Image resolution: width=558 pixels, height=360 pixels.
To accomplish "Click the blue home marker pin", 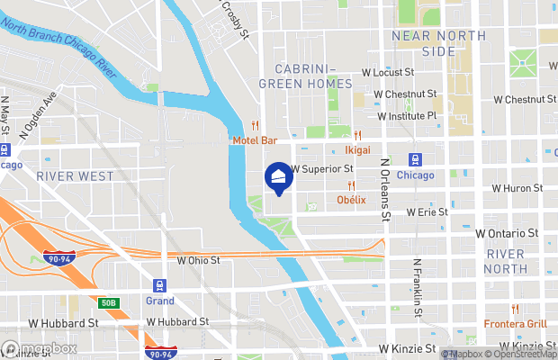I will pyautogui.click(x=280, y=178).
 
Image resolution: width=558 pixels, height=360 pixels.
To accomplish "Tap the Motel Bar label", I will pyautogui.click(x=255, y=140).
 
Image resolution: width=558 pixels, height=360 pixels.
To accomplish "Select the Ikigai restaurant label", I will pyautogui.click(x=358, y=151).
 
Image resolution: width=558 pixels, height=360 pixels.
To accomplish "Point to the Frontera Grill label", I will pyautogui.click(x=515, y=324).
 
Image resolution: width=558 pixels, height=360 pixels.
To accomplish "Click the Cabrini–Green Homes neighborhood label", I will pyautogui.click(x=305, y=76).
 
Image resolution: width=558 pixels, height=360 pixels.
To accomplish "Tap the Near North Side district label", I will pyautogui.click(x=439, y=43).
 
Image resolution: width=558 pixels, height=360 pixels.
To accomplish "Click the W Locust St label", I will pyautogui.click(x=387, y=71).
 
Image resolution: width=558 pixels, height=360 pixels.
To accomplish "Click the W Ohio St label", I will pyautogui.click(x=199, y=260).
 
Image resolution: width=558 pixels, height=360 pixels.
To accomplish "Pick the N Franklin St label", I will pyautogui.click(x=418, y=291).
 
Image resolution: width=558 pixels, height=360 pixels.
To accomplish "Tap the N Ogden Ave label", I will pyautogui.click(x=37, y=113).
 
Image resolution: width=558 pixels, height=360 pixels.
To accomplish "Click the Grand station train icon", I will pyautogui.click(x=159, y=284).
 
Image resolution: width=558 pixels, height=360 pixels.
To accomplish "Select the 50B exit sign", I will pyautogui.click(x=109, y=302).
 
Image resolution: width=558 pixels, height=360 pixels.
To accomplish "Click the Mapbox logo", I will pyautogui.click(x=40, y=348).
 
